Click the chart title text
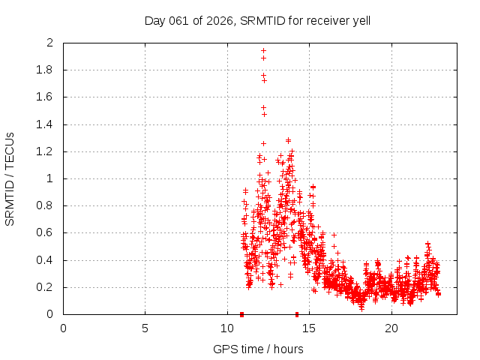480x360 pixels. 257,20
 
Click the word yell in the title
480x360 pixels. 360,20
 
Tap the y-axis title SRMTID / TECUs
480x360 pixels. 10,178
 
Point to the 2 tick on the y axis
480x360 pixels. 50,43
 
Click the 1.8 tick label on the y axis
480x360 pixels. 46,70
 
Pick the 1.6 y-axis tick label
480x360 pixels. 46,97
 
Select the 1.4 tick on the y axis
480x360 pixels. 46,124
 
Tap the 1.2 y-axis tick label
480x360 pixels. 46,151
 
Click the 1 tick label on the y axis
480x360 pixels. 50,178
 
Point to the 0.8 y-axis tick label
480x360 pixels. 46,205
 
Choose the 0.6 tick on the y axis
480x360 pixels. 46,232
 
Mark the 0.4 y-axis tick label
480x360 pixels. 46,260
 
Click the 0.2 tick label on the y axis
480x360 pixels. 46,287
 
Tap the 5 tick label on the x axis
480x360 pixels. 145,328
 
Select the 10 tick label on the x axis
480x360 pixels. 227,328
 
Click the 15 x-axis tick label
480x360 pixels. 310,328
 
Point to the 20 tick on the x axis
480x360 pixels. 391,328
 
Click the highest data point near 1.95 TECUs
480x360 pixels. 263,50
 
